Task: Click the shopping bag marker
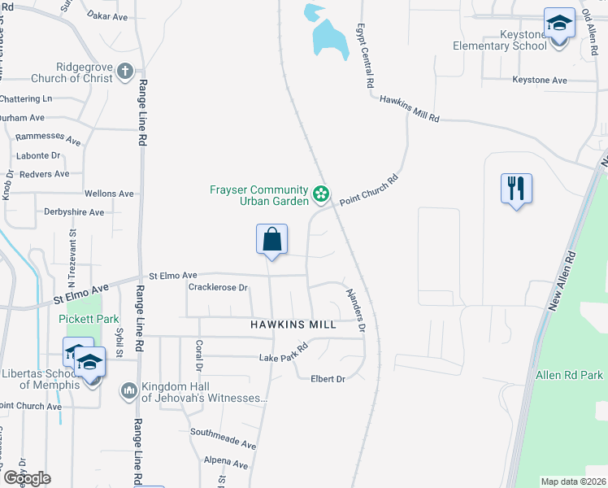point(272,240)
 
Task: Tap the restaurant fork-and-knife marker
point(516,190)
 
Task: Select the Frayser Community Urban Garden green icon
point(321,194)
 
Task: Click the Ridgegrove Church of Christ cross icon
point(125,72)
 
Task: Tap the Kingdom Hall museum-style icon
point(128,392)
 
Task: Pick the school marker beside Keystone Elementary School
point(559,24)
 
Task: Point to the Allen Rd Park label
point(569,375)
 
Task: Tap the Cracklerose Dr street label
point(217,288)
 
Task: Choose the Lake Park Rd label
point(284,353)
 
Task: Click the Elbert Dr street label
point(329,379)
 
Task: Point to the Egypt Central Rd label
point(364,55)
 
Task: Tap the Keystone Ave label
point(539,81)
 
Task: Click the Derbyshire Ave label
point(74,212)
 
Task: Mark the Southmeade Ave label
point(223,439)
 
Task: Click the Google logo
point(27,478)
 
